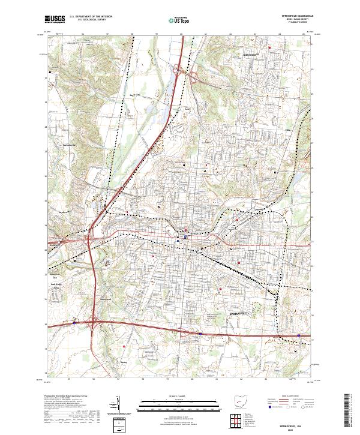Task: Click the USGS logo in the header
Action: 55,19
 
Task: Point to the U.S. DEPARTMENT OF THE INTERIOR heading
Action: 91,17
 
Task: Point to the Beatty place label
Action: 124,362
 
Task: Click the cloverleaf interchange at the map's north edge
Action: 180,71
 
